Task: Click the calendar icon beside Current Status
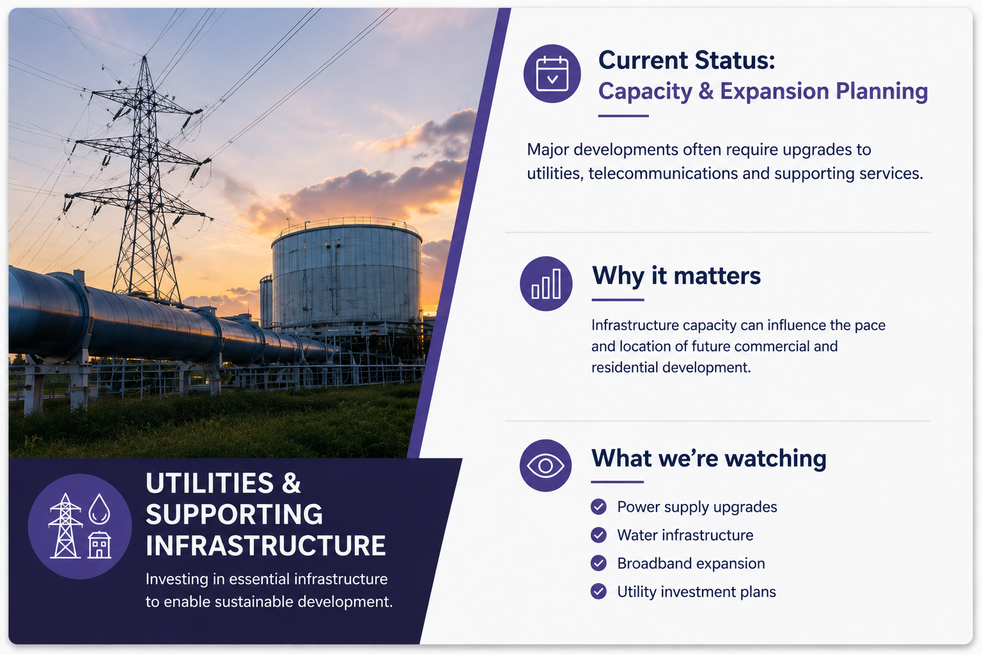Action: coord(552,73)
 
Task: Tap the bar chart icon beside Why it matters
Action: coord(546,284)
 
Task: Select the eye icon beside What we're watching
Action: coord(545,465)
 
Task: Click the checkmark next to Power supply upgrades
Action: coord(598,507)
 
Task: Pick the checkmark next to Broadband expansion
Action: coord(598,563)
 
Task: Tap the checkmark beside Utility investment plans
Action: coord(598,591)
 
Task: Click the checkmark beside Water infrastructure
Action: coord(598,535)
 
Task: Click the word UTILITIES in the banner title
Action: coord(210,483)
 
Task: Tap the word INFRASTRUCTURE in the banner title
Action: coord(266,545)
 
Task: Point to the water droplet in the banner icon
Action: coord(99,509)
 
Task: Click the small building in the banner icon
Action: coord(99,545)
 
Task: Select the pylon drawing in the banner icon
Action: coord(65,526)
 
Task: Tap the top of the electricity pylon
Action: coord(144,56)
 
